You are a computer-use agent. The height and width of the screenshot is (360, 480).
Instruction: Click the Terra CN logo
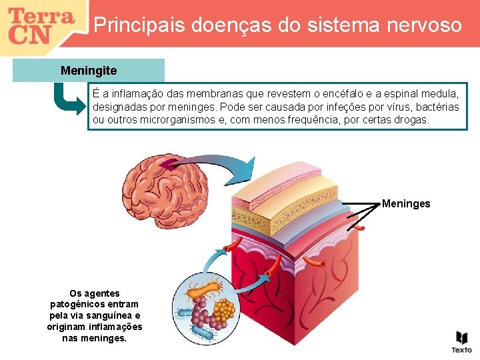[41, 26]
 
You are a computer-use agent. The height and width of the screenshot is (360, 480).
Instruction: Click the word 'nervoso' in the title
[427, 25]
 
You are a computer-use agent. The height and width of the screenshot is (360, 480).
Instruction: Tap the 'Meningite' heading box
[89, 70]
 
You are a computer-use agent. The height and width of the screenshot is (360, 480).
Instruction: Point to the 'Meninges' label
[406, 204]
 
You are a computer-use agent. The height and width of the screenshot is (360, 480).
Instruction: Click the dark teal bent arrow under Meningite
[67, 99]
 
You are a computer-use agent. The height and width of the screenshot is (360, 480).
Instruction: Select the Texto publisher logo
[461, 341]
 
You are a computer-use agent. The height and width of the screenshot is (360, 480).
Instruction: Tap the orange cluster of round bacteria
[225, 309]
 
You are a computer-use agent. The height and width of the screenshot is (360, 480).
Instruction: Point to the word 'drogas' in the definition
[413, 121]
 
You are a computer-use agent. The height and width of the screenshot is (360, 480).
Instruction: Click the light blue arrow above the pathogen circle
[212, 257]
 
